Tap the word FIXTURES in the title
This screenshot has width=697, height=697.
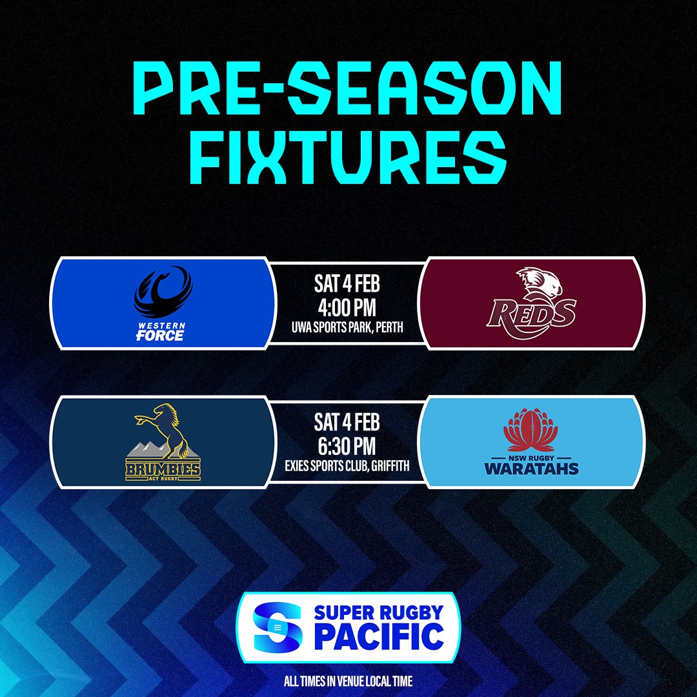pos(348,156)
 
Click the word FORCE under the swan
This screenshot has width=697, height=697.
pos(160,336)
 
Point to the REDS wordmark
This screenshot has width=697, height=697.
pos(531,314)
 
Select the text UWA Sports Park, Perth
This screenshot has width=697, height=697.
pos(347,328)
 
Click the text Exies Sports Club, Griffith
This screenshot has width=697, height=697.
pos(347,466)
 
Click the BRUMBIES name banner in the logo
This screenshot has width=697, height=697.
pos(163,470)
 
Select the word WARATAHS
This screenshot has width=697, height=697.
pos(532,468)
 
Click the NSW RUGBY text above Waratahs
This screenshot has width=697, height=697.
pos(532,454)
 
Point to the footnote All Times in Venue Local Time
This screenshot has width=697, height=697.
pos(348,681)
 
